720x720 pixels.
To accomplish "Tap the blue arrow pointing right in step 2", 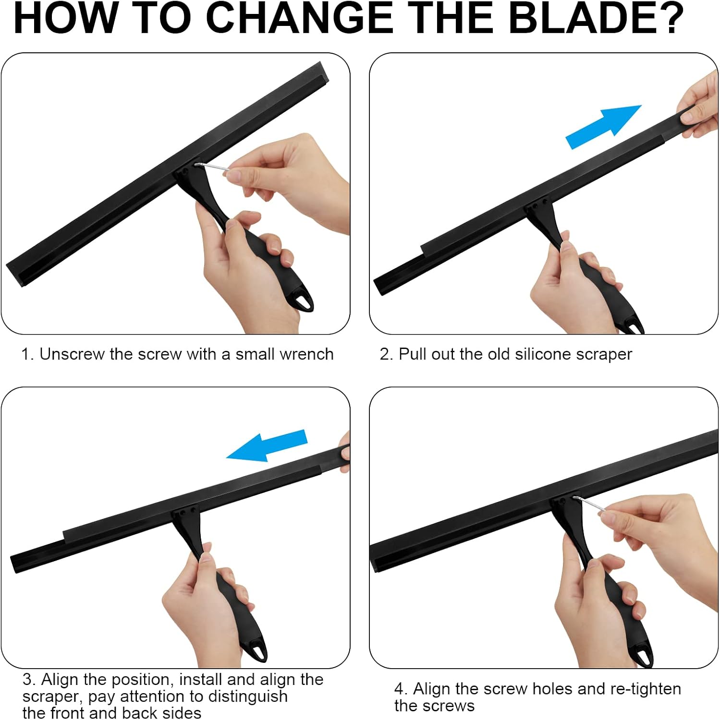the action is (603, 127).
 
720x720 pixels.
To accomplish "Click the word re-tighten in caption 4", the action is (646, 689).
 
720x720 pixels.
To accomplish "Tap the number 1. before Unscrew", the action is (27, 354).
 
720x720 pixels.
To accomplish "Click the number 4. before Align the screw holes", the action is (401, 689).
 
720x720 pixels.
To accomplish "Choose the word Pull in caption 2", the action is (413, 354).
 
